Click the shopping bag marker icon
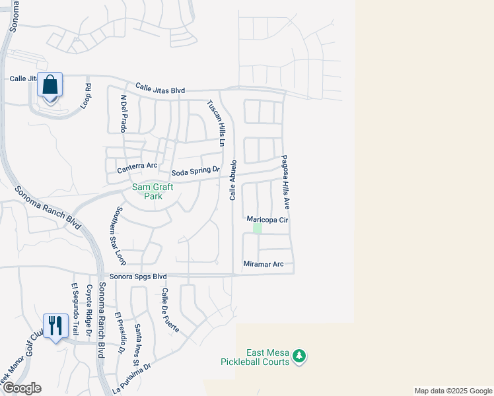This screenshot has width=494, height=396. pyautogui.click(x=50, y=85)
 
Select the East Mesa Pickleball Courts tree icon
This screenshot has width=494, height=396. pyautogui.click(x=300, y=356)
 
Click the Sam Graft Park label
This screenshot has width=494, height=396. pyautogui.click(x=153, y=191)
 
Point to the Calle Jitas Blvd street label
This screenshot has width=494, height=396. pyautogui.click(x=160, y=88)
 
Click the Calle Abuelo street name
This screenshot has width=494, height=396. pyautogui.click(x=233, y=180)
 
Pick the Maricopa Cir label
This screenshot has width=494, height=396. pyautogui.click(x=267, y=219)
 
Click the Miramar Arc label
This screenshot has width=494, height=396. pyautogui.click(x=263, y=264)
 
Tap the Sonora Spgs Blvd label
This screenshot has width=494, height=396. pyautogui.click(x=138, y=277)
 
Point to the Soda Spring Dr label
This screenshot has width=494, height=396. pyautogui.click(x=195, y=172)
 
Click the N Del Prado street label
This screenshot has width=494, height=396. pyautogui.click(x=123, y=114)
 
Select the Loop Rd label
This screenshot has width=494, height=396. pyautogui.click(x=86, y=96)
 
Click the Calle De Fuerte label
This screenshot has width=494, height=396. pyautogui.click(x=165, y=306)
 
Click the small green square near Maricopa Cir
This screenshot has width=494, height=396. pyautogui.click(x=258, y=228)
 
